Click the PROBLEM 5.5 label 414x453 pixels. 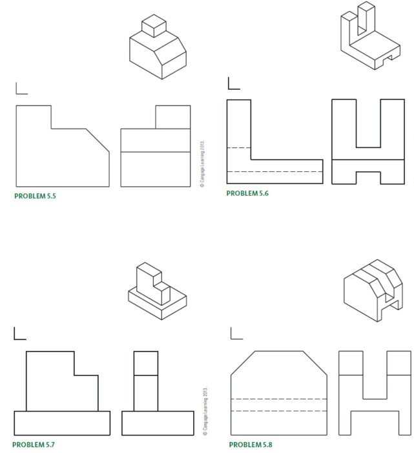(x=34, y=196)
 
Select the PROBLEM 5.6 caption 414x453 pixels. (x=247, y=193)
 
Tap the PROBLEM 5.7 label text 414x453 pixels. (x=34, y=445)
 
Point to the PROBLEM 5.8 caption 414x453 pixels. (x=251, y=445)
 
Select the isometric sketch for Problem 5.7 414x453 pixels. (x=156, y=292)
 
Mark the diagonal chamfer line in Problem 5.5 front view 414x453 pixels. (x=98, y=141)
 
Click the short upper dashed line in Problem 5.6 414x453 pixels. (x=238, y=148)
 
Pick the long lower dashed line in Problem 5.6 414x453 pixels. (x=274, y=171)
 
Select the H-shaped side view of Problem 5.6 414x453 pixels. (x=367, y=142)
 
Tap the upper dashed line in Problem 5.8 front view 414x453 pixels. (x=279, y=399)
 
